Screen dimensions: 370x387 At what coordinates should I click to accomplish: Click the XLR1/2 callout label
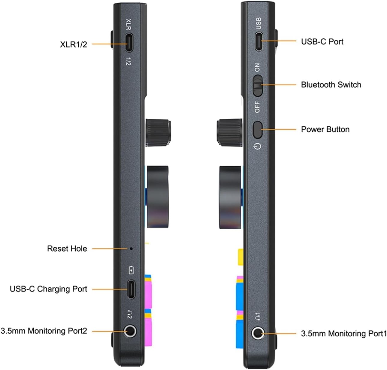pos(74,44)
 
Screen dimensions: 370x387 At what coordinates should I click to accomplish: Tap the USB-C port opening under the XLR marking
pos(129,43)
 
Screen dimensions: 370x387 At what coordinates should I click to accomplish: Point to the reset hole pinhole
pos(131,249)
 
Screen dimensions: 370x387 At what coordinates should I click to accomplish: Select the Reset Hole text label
pos(67,249)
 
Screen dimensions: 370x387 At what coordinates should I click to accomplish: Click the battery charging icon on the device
pos(131,270)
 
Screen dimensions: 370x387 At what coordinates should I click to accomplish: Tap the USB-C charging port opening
pos(131,289)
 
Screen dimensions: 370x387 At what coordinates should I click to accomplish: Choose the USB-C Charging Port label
pos(48,289)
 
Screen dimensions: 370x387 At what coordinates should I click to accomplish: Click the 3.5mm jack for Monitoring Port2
pos(131,332)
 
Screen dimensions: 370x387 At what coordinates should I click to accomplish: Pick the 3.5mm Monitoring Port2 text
pos(44,331)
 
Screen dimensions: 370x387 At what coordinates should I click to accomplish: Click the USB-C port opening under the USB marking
pos(259,41)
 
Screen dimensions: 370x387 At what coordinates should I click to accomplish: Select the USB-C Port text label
pos(322,41)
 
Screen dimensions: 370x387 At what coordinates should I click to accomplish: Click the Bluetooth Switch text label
pos(331,85)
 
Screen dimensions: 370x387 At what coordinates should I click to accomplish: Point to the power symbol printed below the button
pos(258,146)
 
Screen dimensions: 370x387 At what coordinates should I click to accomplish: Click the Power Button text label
pos(325,129)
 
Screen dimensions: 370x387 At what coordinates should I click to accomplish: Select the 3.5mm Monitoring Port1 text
pos(344,333)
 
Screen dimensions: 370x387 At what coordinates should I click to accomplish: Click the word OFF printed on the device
pos(257,107)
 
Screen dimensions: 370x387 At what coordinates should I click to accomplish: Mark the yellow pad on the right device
pos(240,257)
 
